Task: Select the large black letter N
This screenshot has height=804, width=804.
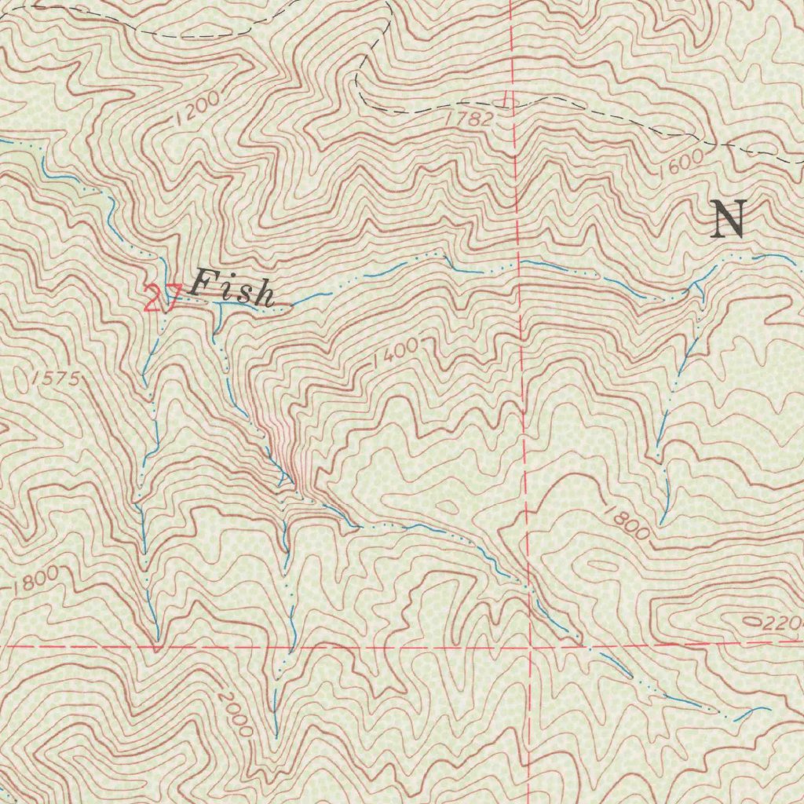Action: (x=728, y=219)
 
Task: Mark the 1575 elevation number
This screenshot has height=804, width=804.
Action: (x=56, y=378)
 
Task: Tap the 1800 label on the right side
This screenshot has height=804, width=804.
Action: (x=627, y=523)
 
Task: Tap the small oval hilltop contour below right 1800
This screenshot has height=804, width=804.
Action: (x=602, y=565)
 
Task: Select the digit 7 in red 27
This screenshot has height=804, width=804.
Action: (x=173, y=299)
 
